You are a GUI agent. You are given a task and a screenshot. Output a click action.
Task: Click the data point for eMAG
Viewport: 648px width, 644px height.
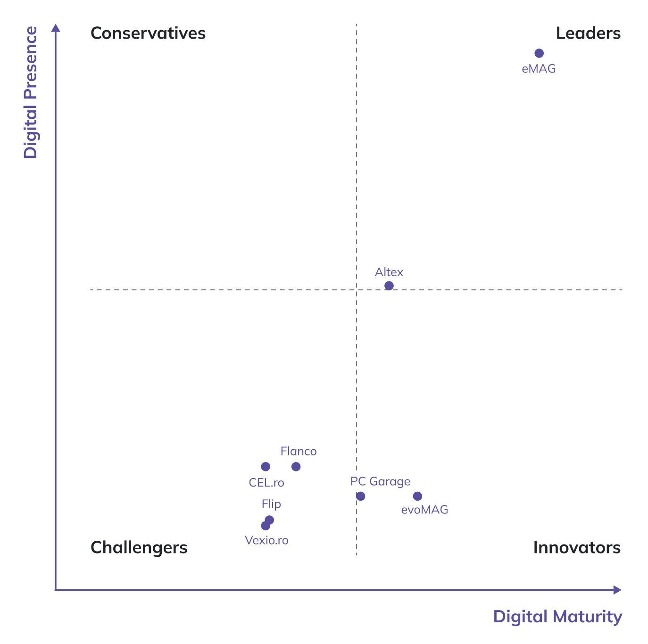pyautogui.click(x=539, y=53)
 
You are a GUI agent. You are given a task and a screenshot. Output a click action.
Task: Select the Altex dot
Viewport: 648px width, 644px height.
pyautogui.click(x=389, y=286)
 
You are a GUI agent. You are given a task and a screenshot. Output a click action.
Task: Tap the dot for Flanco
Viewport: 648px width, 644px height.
pyautogui.click(x=296, y=467)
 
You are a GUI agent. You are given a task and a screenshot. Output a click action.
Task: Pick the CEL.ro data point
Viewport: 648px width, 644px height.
pyautogui.click(x=266, y=467)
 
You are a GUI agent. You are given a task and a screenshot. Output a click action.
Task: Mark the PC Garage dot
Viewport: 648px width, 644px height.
pyautogui.click(x=360, y=496)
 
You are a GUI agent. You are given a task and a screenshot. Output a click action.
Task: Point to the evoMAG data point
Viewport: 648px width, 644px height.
pyautogui.click(x=417, y=496)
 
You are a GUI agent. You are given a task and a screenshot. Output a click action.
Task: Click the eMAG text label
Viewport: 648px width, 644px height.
pyautogui.click(x=539, y=69)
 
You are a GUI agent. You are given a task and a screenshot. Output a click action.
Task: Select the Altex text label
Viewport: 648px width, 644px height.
pyautogui.click(x=389, y=272)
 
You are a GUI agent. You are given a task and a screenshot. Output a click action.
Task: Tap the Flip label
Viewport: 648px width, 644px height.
pyautogui.click(x=271, y=504)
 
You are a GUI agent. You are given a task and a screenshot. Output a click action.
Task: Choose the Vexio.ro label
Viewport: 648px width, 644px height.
pyautogui.click(x=266, y=540)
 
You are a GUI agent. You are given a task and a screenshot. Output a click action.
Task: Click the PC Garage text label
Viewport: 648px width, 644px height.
pyautogui.click(x=380, y=481)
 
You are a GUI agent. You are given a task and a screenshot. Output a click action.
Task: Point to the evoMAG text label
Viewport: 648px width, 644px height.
pyautogui.click(x=424, y=510)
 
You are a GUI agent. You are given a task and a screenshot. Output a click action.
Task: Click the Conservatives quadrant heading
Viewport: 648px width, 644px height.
pyautogui.click(x=148, y=33)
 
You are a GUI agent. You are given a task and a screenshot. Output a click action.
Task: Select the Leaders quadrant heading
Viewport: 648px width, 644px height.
pyautogui.click(x=588, y=33)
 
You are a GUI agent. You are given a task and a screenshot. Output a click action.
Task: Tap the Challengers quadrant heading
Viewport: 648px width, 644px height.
pyautogui.click(x=139, y=547)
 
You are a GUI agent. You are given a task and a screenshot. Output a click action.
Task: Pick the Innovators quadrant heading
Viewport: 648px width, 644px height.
pyautogui.click(x=577, y=547)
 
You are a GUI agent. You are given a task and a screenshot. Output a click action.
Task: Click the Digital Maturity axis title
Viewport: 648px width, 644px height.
pyautogui.click(x=557, y=617)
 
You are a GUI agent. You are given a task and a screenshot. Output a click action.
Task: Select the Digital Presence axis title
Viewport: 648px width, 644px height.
pyautogui.click(x=30, y=92)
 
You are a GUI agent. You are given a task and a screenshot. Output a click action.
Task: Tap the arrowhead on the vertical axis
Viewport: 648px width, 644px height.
pyautogui.click(x=56, y=28)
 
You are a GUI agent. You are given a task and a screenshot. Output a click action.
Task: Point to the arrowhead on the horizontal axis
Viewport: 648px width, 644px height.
pyautogui.click(x=617, y=590)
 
